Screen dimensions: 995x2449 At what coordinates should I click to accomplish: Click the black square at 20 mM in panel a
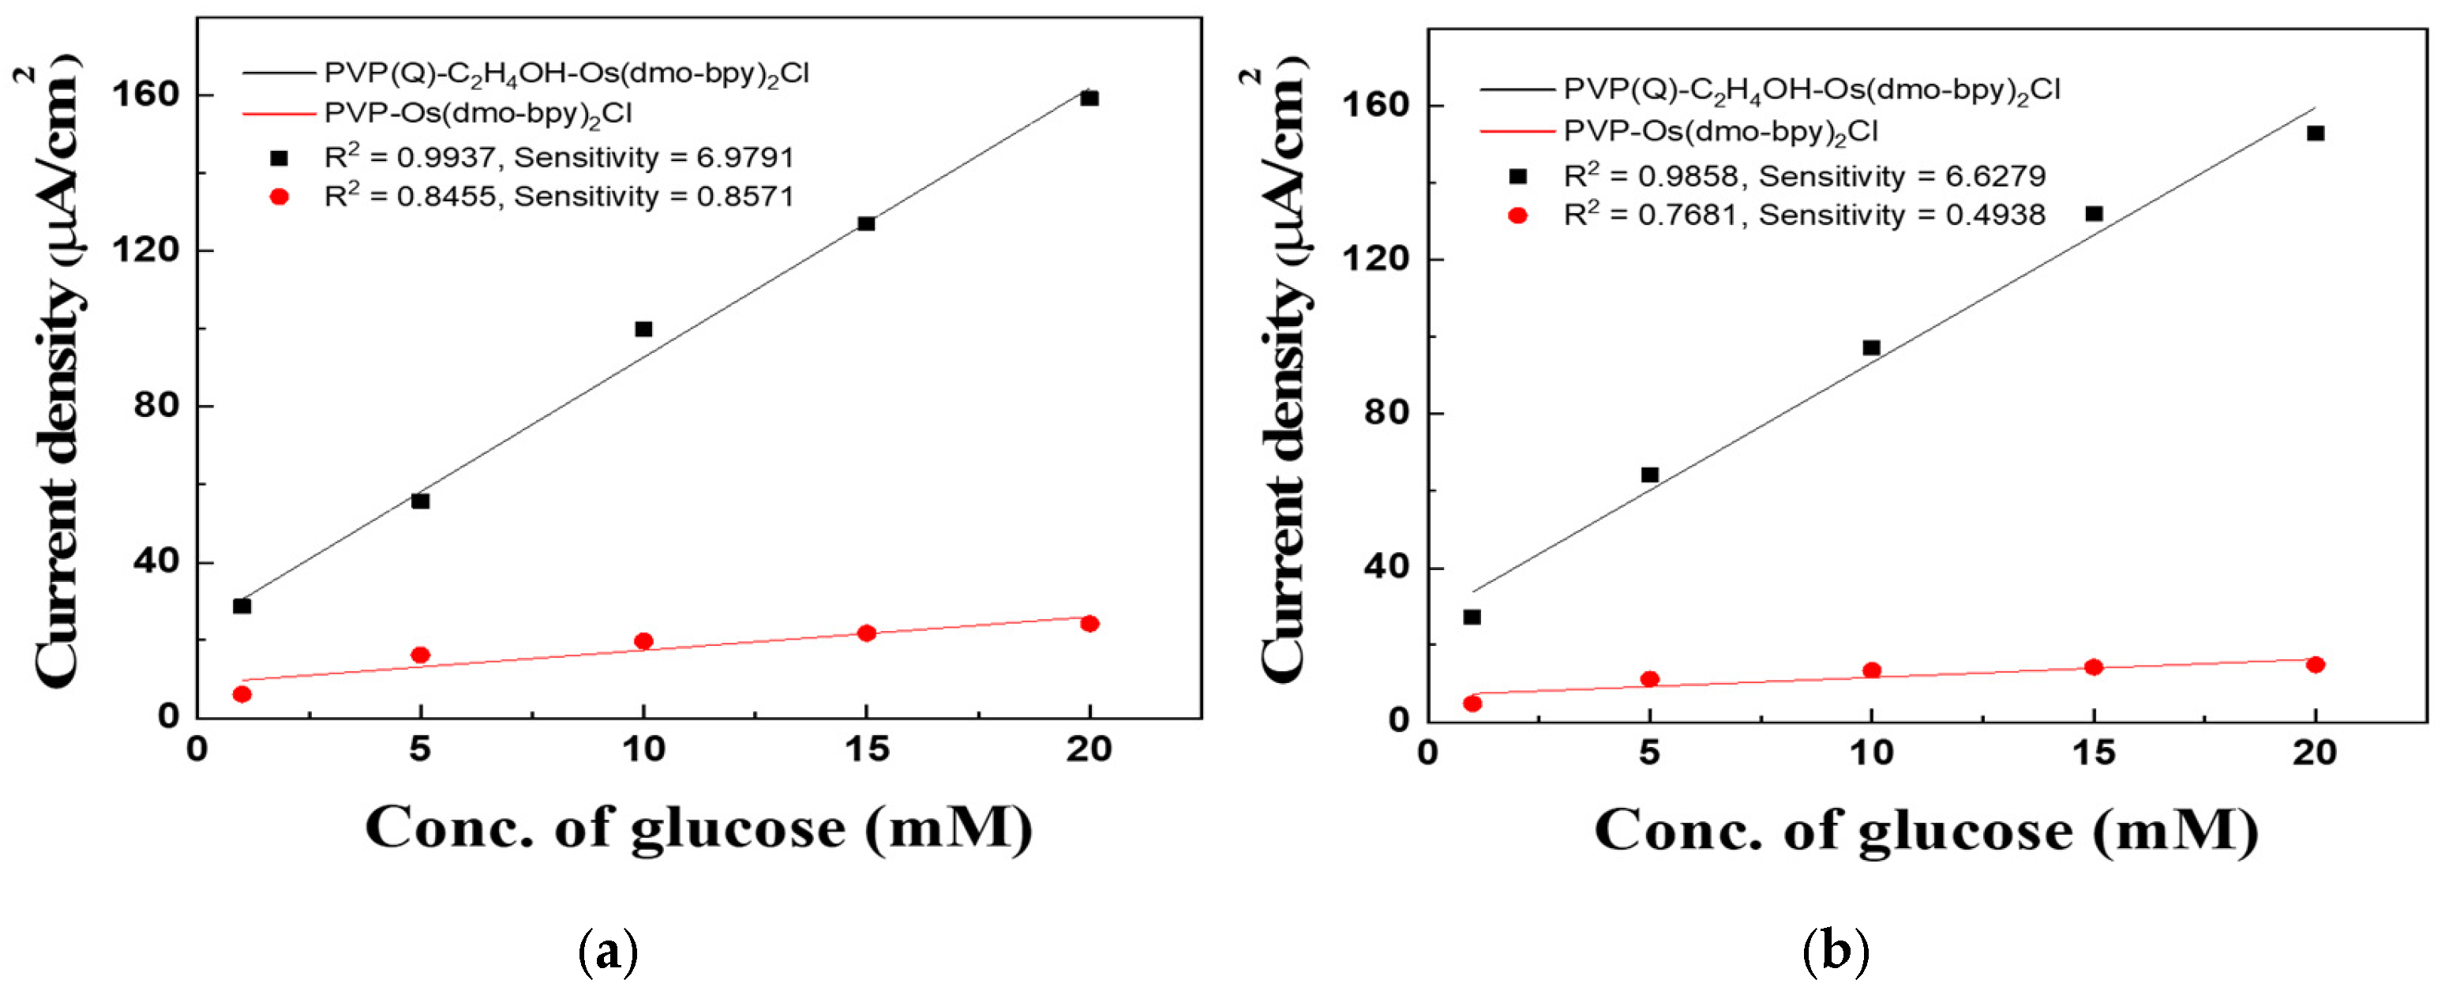[x=1089, y=98]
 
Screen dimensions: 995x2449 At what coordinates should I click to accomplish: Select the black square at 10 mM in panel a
[x=643, y=329]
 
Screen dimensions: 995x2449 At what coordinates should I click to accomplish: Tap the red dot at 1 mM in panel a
[x=242, y=694]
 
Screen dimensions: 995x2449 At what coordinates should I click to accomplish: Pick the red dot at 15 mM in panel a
[x=866, y=633]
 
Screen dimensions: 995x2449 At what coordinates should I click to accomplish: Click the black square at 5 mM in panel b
[x=1649, y=475]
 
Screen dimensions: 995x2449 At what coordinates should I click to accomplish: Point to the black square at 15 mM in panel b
[x=2094, y=213]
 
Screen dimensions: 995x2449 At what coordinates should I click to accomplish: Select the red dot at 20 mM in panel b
[x=2315, y=664]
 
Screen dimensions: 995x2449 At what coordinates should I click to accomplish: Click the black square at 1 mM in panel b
[x=1472, y=617]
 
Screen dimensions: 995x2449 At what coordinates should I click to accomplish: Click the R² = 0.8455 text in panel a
[x=410, y=196]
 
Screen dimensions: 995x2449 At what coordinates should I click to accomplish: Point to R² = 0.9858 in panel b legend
[x=1649, y=176]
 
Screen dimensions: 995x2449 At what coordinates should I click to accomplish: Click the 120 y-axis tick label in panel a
[x=144, y=250]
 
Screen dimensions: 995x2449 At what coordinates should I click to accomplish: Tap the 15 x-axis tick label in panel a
[x=866, y=749]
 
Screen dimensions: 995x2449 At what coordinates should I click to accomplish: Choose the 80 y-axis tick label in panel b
[x=1386, y=413]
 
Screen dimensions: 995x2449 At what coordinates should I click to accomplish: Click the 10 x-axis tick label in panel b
[x=1870, y=753]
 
